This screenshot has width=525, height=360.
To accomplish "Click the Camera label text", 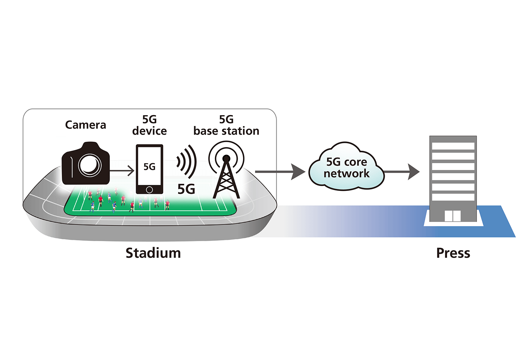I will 85,125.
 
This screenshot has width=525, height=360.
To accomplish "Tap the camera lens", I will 90,165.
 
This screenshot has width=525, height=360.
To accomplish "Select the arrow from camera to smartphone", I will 122,171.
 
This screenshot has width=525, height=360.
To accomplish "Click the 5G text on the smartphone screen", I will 149,166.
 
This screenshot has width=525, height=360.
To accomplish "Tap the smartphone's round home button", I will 149,190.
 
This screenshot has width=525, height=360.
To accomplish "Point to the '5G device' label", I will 149,125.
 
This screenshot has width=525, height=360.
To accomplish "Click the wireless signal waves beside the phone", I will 187,162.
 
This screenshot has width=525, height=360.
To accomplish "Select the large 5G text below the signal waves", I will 186,189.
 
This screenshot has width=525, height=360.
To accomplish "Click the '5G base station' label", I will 226,125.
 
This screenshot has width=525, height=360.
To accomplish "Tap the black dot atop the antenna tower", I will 226,158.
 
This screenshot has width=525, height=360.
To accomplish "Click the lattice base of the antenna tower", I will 226,184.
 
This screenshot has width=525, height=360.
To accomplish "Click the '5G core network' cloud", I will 346,167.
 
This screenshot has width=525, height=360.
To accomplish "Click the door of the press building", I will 453,216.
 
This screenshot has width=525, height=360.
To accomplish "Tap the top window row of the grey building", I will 453,146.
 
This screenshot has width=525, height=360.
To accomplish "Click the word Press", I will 453,253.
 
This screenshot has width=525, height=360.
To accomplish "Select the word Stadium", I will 153,253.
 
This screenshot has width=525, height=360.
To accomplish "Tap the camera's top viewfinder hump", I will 90,145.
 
